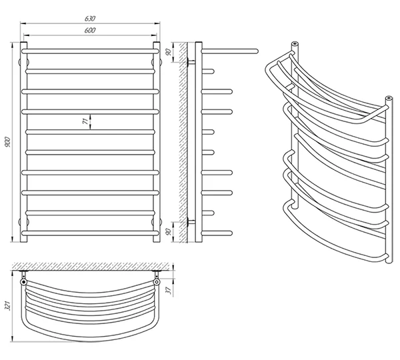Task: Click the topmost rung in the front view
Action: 91,51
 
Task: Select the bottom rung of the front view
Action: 91,233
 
